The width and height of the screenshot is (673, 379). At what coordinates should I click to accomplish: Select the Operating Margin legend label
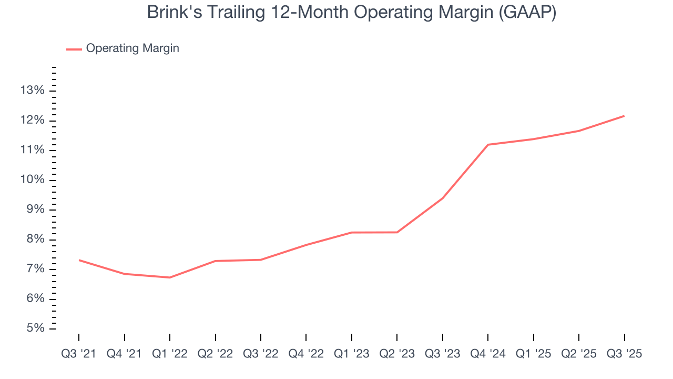pos(132,48)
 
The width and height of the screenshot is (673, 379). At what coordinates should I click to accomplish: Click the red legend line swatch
pos(74,49)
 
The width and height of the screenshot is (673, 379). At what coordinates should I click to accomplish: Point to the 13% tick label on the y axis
pos(33,91)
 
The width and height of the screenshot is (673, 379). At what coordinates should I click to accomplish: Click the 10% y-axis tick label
pos(33,180)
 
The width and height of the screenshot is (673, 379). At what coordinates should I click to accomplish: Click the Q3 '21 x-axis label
pos(79,354)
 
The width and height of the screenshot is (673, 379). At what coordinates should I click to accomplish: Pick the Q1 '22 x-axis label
pos(170,354)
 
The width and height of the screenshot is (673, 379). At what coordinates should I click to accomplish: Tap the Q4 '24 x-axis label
pos(488,354)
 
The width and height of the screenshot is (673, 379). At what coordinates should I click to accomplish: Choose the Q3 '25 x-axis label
pos(625,354)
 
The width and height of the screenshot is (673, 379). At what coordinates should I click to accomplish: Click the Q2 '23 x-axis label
pos(397,354)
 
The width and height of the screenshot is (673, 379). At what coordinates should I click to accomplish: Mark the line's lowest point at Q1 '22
pos(170,277)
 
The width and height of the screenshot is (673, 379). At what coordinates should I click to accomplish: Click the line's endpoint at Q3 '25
pos(625,116)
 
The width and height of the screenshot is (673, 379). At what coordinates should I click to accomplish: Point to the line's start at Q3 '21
pos(79,260)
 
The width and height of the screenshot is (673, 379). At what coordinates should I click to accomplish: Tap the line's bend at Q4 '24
pos(488,145)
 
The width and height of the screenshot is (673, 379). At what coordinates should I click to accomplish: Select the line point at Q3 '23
pos(443,198)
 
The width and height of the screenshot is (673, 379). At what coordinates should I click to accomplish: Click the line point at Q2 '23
pos(397,232)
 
